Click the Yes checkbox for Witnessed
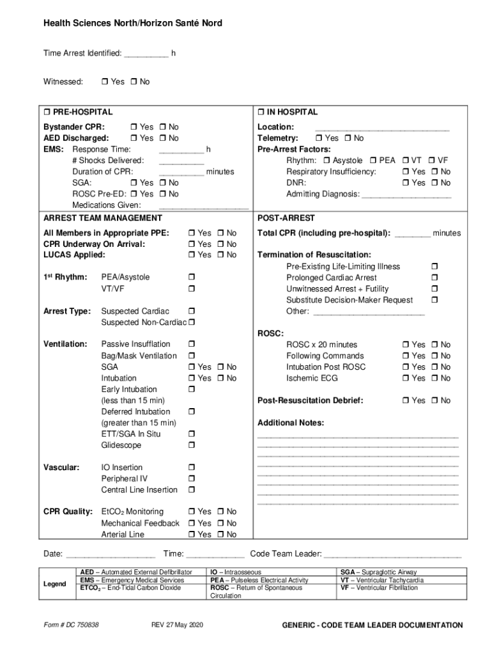(105, 82)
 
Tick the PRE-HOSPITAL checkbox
(47, 112)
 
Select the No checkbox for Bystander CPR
(163, 127)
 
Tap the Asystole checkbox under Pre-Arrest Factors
(327, 161)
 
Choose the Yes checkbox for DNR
(406, 183)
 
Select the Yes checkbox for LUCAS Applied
(192, 255)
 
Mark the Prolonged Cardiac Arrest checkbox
(435, 278)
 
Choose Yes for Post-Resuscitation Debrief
(406, 401)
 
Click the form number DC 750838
(71, 625)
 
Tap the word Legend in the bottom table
(54, 584)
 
